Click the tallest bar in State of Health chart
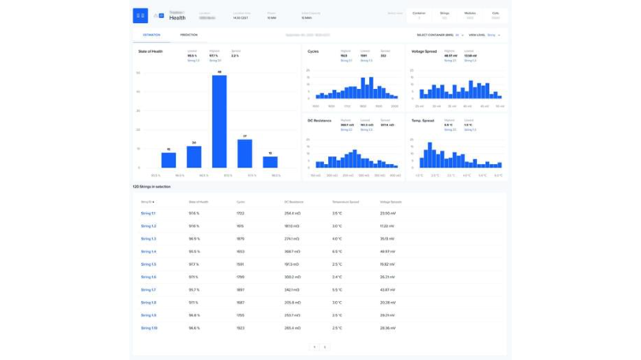click(x=220, y=121)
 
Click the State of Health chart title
click(x=150, y=51)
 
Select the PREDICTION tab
click(x=188, y=35)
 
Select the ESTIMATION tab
click(x=151, y=35)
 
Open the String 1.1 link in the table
click(x=148, y=213)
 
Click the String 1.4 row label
click(x=148, y=251)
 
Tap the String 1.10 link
click(x=149, y=328)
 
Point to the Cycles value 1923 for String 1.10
click(x=240, y=328)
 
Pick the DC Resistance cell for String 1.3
click(x=292, y=239)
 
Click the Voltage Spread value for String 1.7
click(x=387, y=290)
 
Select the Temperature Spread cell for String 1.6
click(x=337, y=277)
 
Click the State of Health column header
click(x=198, y=202)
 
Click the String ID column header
click(x=147, y=202)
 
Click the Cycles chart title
click(x=314, y=51)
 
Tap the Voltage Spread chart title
click(x=424, y=51)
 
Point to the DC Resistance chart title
click(x=320, y=121)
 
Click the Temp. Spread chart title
click(x=423, y=121)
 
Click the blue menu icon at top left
click(x=140, y=15)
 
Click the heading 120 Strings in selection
click(x=151, y=186)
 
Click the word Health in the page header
click(x=177, y=18)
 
